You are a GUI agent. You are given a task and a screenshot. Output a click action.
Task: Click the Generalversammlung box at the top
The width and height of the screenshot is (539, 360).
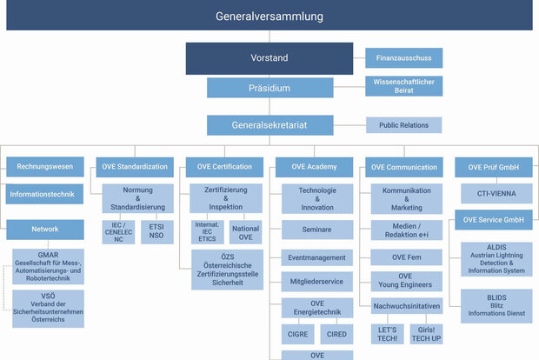tap(269, 16)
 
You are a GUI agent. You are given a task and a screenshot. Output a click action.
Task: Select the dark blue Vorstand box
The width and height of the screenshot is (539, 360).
tap(269, 58)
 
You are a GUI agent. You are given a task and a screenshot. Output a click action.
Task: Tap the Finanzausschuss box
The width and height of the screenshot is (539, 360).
tap(403, 57)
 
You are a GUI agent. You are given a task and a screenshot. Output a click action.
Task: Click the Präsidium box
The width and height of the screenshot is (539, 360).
tap(269, 88)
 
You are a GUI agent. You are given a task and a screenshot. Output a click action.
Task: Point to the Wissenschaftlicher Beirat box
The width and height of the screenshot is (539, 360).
tap(403, 87)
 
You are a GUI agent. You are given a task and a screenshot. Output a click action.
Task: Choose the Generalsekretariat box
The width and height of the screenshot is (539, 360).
tap(269, 125)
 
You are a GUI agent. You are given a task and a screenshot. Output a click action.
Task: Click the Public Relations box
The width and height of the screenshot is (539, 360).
tap(403, 125)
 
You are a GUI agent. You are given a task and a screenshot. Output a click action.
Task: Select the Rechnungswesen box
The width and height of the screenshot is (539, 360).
tap(46, 166)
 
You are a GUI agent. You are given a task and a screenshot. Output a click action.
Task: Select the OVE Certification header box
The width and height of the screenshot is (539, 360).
tap(225, 166)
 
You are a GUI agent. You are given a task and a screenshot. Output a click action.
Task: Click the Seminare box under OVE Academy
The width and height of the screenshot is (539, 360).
tap(317, 230)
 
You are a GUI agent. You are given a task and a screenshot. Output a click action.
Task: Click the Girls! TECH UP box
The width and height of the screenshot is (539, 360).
tap(426, 334)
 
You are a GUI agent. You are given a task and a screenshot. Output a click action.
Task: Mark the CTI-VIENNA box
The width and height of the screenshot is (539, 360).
tap(493, 193)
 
